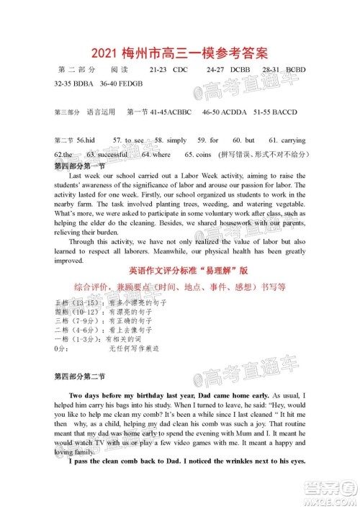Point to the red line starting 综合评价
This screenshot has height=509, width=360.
180,286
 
